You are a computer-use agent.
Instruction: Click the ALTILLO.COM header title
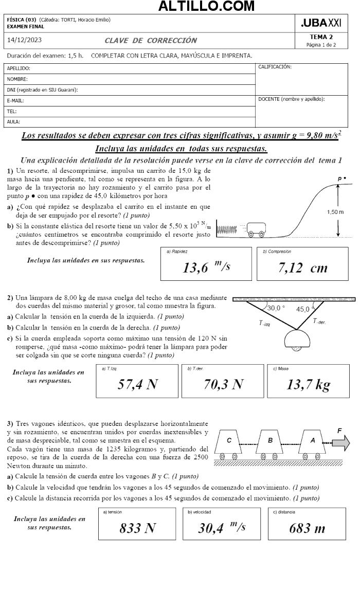(x=206, y=6)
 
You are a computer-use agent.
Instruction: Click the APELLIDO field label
(x=19, y=68)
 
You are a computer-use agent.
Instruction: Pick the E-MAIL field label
(x=16, y=101)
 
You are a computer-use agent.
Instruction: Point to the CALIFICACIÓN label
(x=275, y=67)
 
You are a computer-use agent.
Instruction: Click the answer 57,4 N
(x=137, y=384)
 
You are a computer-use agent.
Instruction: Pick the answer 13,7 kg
(x=308, y=384)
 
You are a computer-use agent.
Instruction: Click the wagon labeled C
(x=229, y=441)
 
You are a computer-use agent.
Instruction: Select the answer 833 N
(x=137, y=528)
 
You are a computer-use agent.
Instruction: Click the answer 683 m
(x=307, y=528)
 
